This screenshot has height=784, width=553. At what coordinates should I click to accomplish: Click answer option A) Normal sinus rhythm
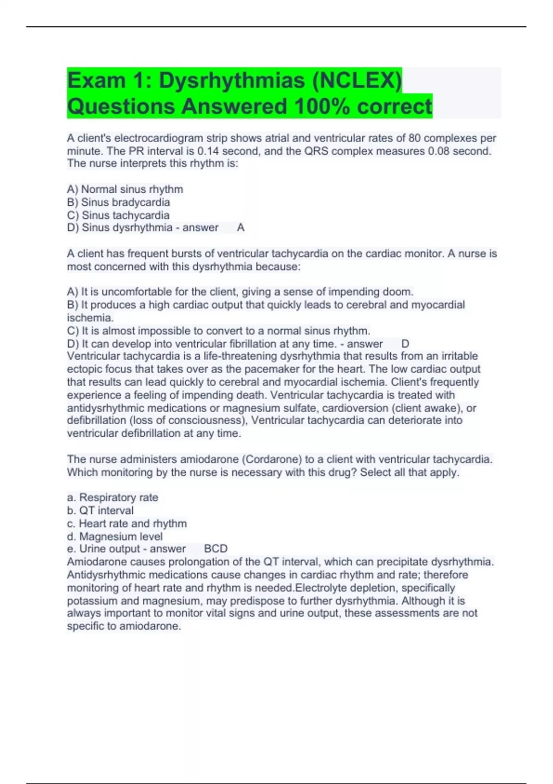point(125,189)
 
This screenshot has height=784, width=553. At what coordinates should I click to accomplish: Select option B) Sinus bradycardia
point(118,202)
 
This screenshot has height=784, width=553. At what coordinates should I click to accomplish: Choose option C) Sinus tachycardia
point(118,215)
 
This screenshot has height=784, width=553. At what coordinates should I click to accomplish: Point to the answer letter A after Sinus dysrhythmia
point(241,227)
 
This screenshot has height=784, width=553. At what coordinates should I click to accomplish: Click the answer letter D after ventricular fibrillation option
point(405,344)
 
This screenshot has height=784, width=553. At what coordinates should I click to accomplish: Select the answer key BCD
point(216,548)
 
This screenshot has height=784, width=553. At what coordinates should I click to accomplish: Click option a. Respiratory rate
point(112,497)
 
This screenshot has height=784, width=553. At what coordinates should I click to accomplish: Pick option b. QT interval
point(100,510)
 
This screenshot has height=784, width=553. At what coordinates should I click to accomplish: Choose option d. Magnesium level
point(115,536)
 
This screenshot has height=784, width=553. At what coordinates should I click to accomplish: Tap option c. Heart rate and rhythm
point(127,523)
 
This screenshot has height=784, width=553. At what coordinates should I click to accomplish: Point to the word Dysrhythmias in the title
point(232,80)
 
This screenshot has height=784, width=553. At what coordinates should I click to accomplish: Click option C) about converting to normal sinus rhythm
point(218,331)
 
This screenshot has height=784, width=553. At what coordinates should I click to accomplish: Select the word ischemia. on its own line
point(90,318)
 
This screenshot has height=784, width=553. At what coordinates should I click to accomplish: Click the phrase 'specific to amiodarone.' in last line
point(124,626)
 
